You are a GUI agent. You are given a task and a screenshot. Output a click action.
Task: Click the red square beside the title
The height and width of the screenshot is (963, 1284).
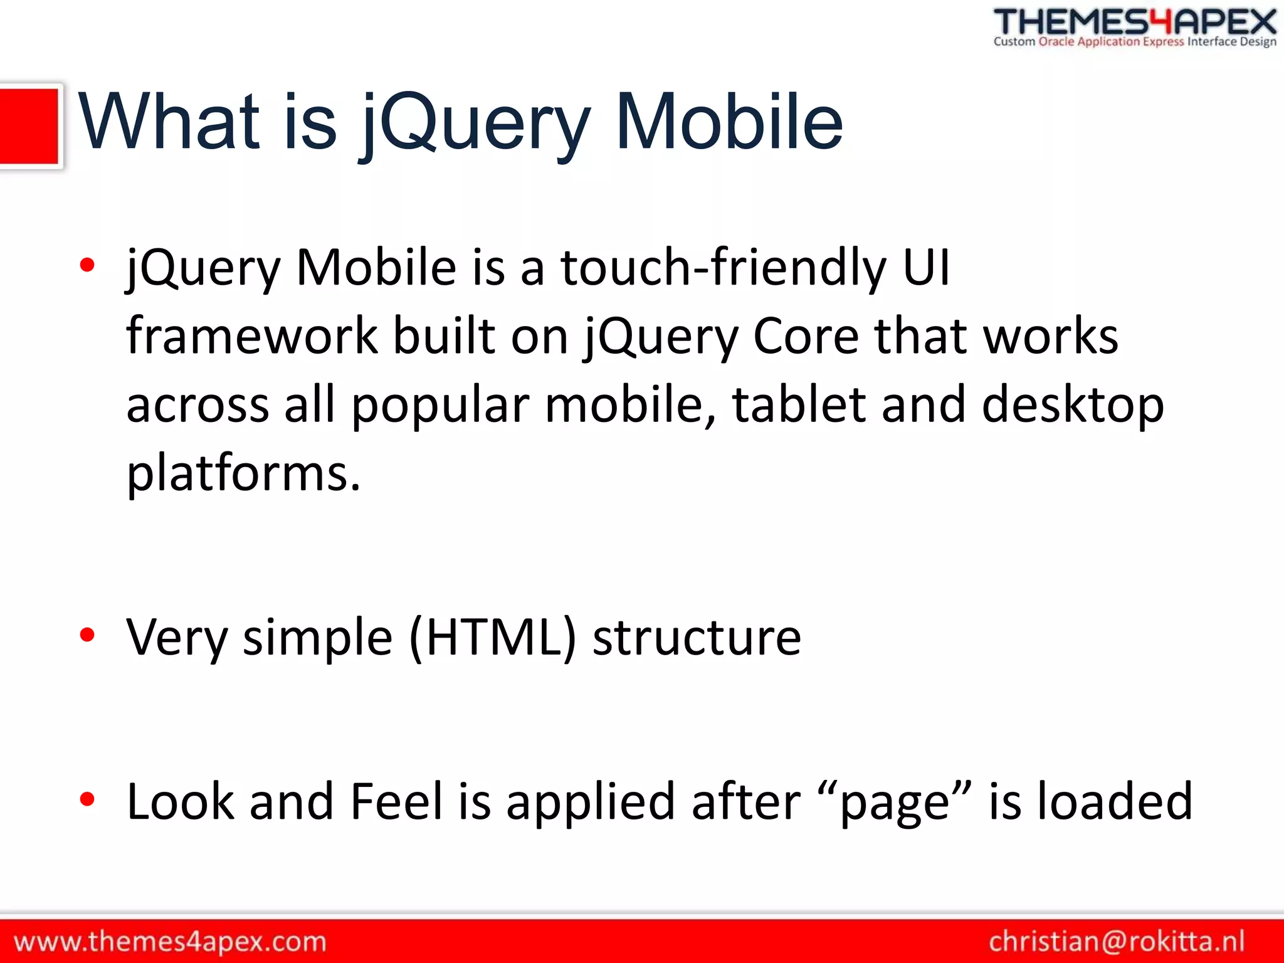click(x=29, y=125)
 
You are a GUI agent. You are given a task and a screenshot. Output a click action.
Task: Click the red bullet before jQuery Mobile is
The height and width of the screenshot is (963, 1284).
click(x=87, y=265)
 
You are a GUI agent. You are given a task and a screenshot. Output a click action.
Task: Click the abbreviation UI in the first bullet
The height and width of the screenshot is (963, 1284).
click(x=926, y=267)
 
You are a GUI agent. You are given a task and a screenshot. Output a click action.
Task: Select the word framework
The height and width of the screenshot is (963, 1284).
click(x=251, y=336)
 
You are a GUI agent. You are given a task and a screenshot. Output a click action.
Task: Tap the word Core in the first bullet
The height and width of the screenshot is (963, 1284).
click(x=805, y=336)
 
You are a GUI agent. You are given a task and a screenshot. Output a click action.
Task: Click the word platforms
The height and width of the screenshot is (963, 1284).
click(x=243, y=473)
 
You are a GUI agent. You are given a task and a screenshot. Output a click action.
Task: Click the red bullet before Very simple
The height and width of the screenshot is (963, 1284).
click(x=87, y=635)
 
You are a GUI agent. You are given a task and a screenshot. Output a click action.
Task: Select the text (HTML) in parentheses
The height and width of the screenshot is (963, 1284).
click(x=492, y=637)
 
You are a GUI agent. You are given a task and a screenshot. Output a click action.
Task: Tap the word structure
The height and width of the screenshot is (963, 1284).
click(x=697, y=637)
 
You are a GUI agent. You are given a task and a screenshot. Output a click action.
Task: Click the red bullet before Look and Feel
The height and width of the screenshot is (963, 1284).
click(x=87, y=799)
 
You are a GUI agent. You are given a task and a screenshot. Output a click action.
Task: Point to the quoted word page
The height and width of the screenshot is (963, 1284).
click(x=895, y=802)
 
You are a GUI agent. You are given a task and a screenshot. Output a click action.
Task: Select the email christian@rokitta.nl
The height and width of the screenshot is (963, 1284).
click(x=1116, y=941)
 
